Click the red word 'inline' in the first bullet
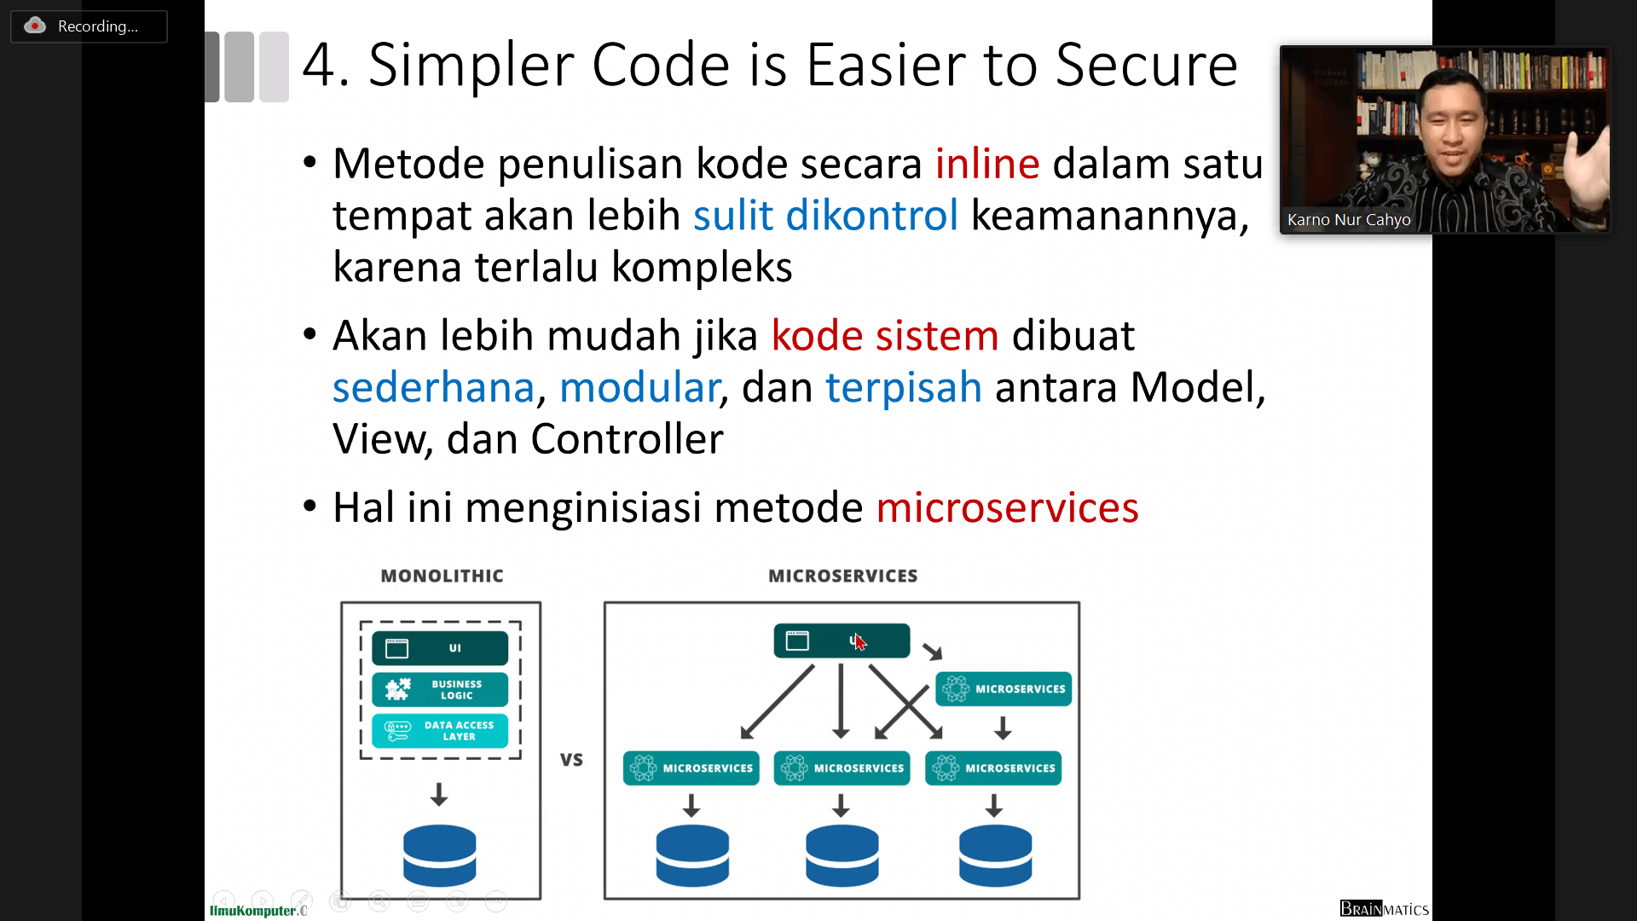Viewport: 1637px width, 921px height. (986, 163)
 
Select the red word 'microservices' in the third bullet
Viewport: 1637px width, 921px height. (1007, 507)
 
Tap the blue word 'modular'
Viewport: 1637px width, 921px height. (639, 387)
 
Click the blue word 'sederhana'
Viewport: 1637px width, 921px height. (433, 387)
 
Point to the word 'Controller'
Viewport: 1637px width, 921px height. (627, 439)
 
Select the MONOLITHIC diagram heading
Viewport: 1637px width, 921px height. (442, 576)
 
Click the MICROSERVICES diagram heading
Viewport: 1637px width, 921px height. (842, 576)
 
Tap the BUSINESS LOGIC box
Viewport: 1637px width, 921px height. (440, 689)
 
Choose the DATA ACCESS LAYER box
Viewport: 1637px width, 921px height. (440, 730)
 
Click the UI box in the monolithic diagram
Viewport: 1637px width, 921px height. (440, 648)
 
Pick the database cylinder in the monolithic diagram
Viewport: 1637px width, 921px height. (440, 854)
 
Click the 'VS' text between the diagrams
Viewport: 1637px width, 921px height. (571, 759)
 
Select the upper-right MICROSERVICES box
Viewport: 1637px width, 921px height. (1004, 689)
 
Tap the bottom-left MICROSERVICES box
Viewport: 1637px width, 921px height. (691, 768)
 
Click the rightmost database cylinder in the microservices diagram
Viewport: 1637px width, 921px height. (995, 854)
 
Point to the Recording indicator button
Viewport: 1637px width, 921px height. (89, 26)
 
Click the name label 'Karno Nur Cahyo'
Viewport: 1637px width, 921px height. (1349, 220)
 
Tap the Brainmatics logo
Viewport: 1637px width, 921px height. (1384, 909)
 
